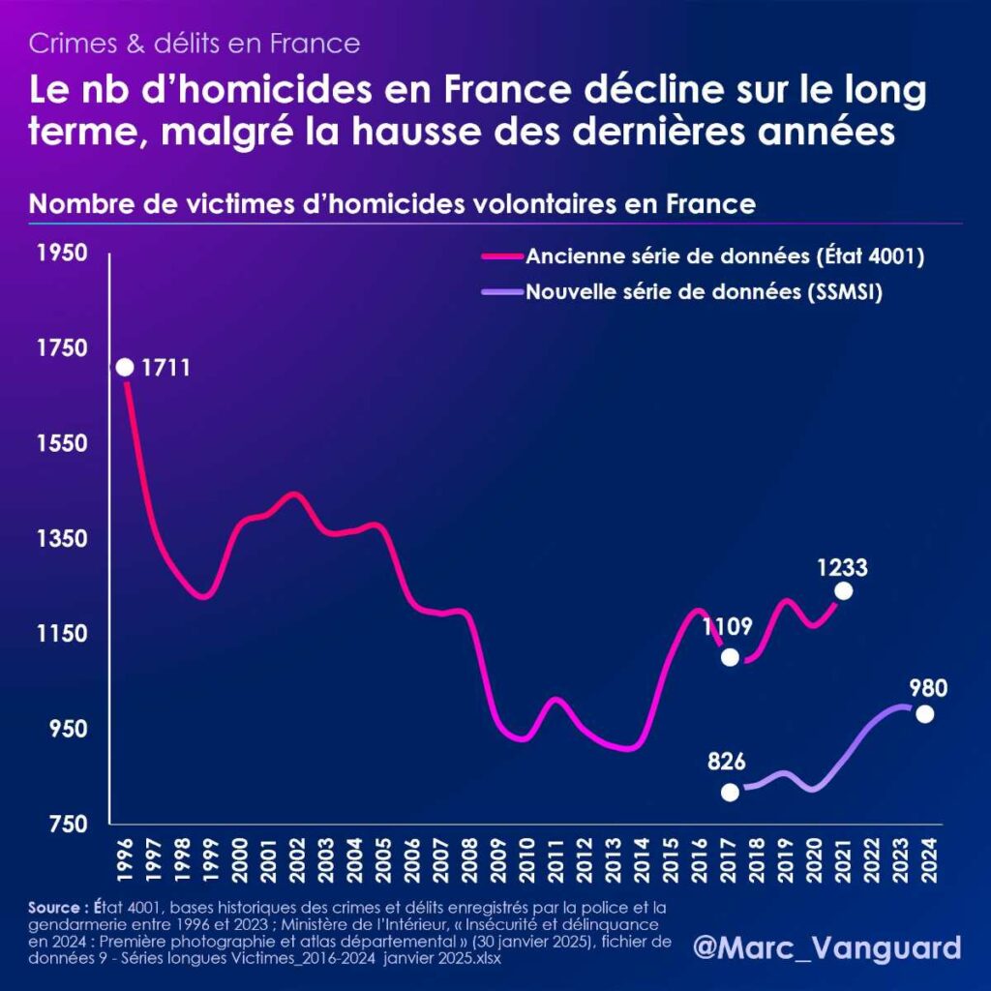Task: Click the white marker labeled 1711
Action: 125,368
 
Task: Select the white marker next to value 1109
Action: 731,657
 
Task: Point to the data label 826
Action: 725,762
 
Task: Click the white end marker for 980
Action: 924,714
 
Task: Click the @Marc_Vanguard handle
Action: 827,946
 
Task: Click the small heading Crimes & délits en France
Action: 195,43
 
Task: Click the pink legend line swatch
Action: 501,257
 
